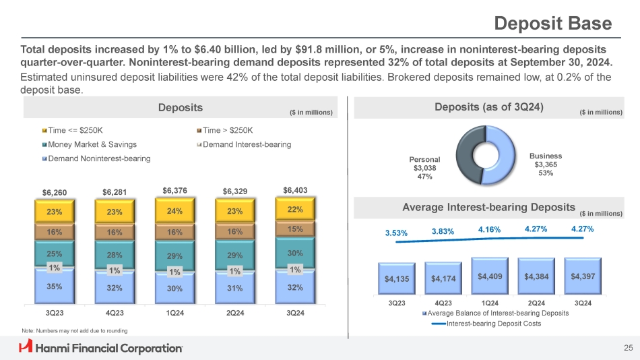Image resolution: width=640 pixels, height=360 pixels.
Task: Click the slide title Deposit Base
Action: (552, 24)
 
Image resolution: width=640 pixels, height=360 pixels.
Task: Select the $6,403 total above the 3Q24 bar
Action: (295, 190)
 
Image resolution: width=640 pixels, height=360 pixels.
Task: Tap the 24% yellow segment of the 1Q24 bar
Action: (174, 210)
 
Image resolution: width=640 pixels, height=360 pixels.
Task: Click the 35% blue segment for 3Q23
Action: (55, 286)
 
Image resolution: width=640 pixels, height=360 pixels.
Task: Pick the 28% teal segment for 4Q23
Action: (115, 255)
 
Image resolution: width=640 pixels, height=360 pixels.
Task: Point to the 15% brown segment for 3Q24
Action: (295, 229)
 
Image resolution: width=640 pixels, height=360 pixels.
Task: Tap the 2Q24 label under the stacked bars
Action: (234, 313)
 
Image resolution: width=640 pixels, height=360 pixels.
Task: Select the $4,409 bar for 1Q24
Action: (489, 276)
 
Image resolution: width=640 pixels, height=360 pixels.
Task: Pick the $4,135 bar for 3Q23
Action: (397, 278)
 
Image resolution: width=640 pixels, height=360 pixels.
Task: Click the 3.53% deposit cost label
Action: (397, 233)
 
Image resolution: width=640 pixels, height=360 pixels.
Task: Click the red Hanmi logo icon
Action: (26, 347)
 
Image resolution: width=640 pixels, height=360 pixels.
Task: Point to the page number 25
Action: (628, 348)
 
